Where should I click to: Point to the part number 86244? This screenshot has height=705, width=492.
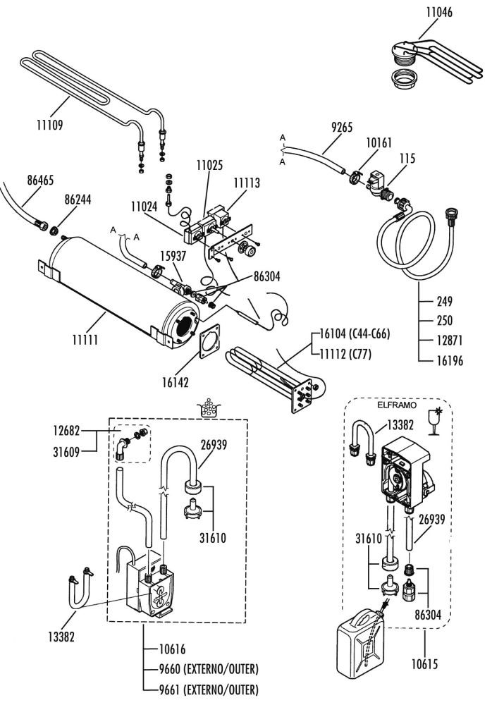pos(78,200)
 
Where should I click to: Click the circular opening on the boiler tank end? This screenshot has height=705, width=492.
pos(183,326)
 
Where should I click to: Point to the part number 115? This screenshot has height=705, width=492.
pos(407,159)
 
